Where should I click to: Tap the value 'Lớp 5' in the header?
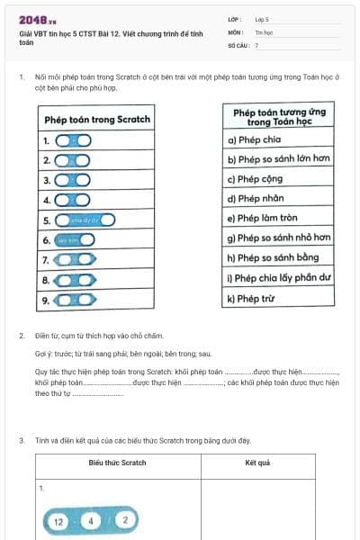coord(262,18)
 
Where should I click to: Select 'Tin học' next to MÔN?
coord(263,31)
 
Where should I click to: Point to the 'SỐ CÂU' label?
coord(237,44)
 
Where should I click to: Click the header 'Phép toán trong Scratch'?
coord(96,119)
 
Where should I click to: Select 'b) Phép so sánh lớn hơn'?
coord(278,159)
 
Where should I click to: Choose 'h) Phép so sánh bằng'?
coord(273,257)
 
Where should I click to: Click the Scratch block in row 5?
coord(85,220)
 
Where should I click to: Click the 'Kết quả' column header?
coord(257,463)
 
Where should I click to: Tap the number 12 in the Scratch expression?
coord(58,521)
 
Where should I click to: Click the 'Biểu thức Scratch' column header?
coord(117,463)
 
